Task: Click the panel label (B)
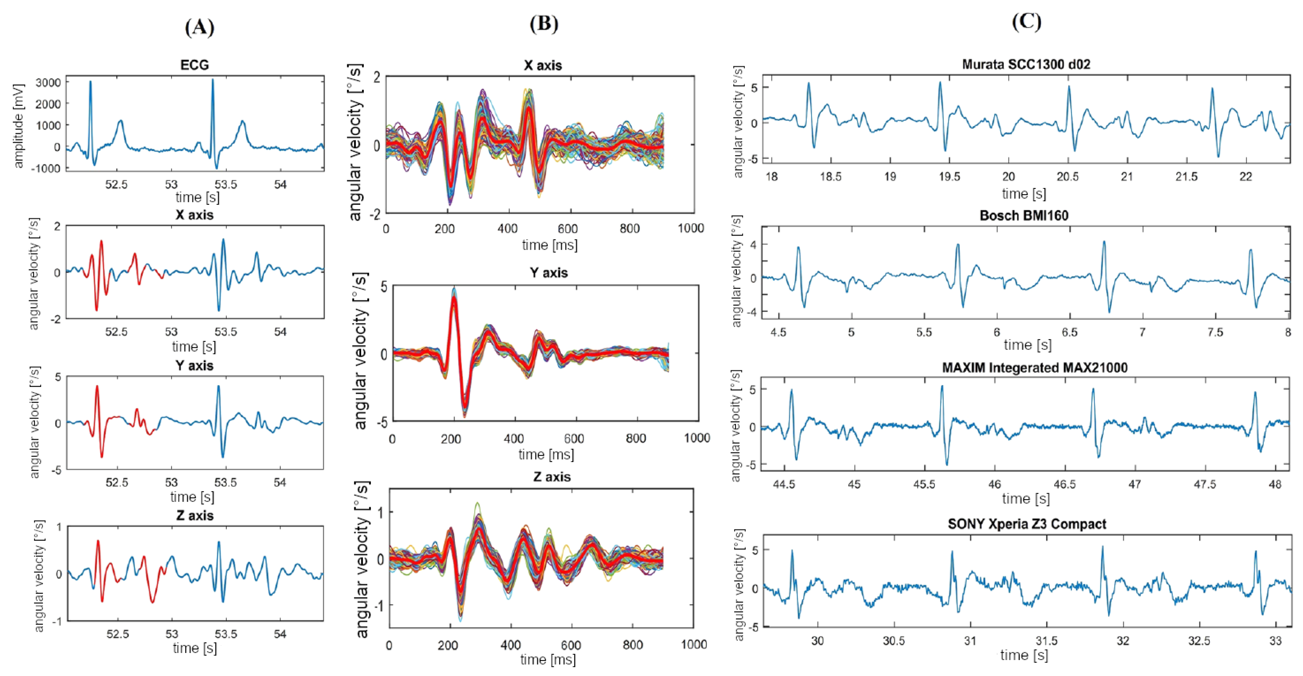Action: (x=544, y=24)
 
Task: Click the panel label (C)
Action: (x=1026, y=21)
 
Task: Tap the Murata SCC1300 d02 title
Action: (x=1026, y=64)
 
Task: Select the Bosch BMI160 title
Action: (x=1024, y=215)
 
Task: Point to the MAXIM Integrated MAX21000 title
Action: (x=1034, y=367)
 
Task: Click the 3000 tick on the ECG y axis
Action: (x=48, y=83)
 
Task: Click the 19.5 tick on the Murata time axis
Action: (x=949, y=176)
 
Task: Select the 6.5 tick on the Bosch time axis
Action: (x=1069, y=332)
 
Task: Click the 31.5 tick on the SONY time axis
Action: (x=1046, y=641)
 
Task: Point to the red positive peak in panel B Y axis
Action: (x=454, y=299)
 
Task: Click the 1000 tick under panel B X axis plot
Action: (x=691, y=228)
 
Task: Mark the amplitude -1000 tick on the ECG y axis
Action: (x=46, y=169)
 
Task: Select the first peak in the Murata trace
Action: (x=808, y=84)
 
